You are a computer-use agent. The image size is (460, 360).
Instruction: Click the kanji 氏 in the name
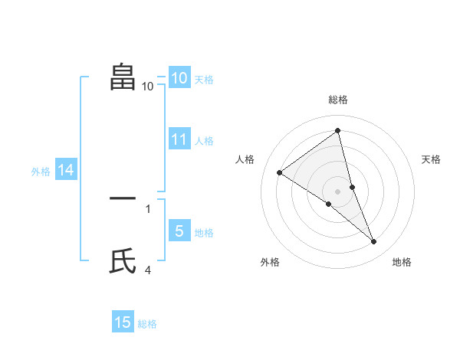tap(123, 262)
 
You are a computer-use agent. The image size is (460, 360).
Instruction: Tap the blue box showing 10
tap(179, 78)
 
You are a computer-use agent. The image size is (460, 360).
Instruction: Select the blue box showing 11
tap(179, 139)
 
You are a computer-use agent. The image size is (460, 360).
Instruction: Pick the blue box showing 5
tap(179, 231)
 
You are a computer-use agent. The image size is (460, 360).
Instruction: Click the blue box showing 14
tap(66, 171)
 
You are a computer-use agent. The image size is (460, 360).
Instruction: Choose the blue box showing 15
tap(123, 322)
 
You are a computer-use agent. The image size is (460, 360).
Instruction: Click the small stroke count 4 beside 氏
tap(148, 270)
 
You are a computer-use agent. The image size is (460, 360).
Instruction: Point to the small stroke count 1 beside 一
tap(148, 208)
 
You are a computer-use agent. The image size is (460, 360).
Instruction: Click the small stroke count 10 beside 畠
tap(148, 86)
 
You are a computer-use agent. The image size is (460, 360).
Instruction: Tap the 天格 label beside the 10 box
tap(204, 80)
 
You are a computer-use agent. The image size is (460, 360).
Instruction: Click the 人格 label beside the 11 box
tap(204, 141)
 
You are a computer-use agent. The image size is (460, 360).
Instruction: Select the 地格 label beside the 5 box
tap(204, 233)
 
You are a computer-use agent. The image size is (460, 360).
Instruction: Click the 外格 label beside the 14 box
tap(41, 172)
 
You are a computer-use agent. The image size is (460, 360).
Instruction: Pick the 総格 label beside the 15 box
tap(147, 324)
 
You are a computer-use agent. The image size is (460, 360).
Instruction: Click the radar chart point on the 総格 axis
tap(337, 130)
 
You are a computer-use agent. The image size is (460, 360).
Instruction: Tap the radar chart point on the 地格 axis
tap(374, 242)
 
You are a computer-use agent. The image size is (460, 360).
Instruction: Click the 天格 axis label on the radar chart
tap(432, 159)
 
